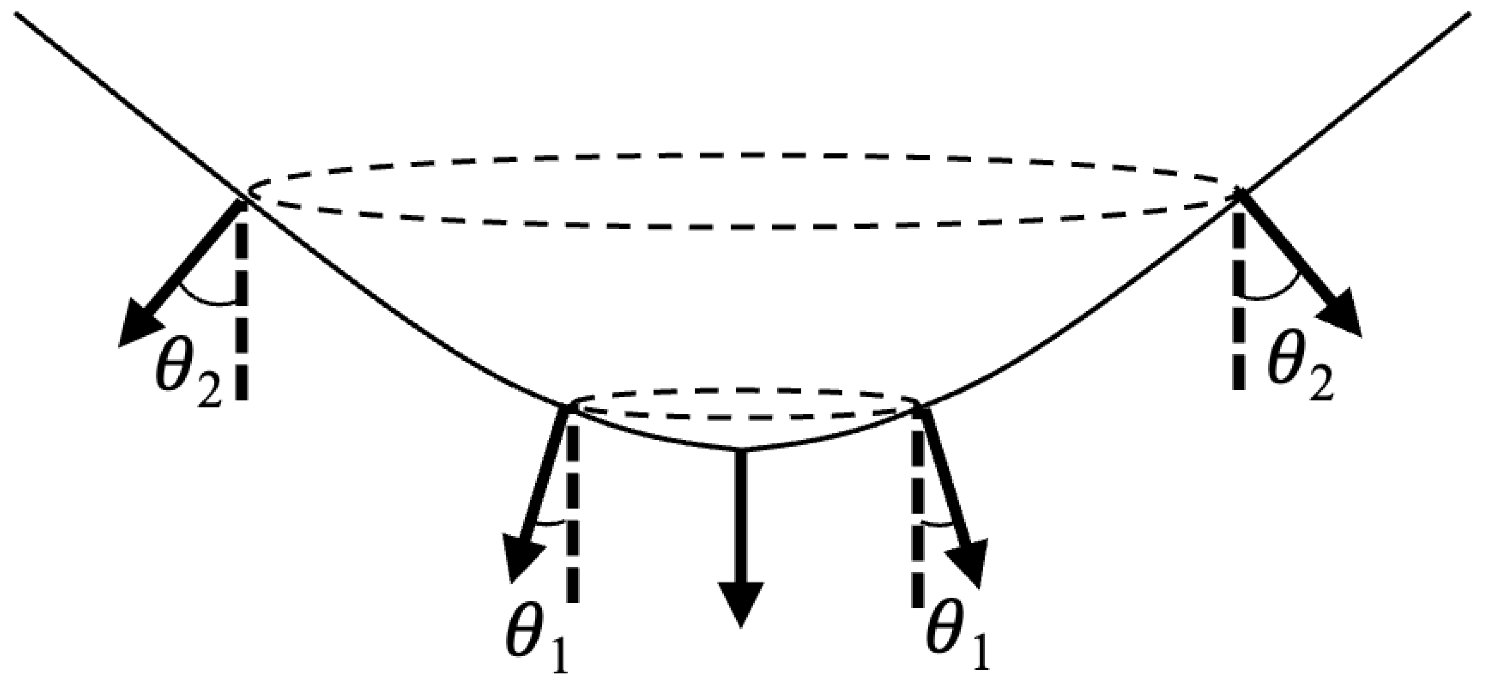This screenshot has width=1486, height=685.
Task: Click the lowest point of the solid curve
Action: click(741, 449)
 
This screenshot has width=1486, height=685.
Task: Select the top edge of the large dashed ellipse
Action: click(741, 155)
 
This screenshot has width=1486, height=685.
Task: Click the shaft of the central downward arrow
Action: click(741, 519)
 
